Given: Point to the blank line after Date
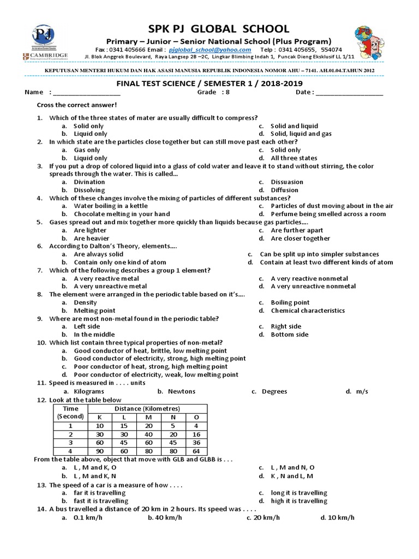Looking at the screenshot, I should (x=349, y=92).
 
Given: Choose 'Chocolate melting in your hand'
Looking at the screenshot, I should (x=122, y=214).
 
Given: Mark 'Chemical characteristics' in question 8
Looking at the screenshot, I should (x=308, y=311).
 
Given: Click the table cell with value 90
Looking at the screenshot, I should (x=99, y=451).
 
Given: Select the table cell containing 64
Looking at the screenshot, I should (x=196, y=451).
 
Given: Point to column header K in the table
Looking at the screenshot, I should (x=99, y=417).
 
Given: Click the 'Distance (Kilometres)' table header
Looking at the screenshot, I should (x=147, y=409).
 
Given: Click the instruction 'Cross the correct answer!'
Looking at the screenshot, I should (x=76, y=105).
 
